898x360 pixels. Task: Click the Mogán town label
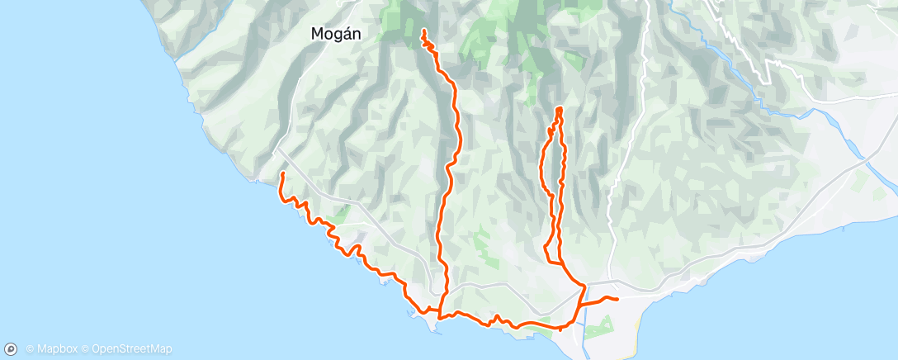337,34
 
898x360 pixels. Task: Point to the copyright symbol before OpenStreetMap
86,349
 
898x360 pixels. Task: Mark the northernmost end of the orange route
423,31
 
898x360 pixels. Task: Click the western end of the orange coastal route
282,173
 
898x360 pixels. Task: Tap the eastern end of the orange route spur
617,299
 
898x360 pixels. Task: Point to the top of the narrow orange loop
560,109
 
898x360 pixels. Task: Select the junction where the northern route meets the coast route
440,315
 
